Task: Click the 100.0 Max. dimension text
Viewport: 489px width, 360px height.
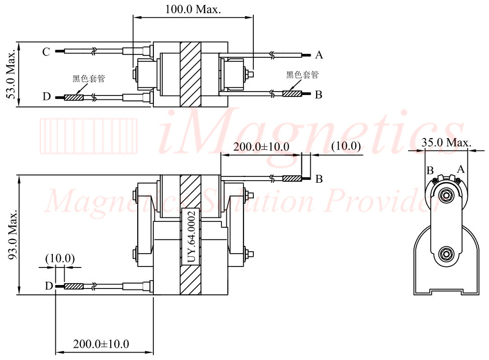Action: [193, 9]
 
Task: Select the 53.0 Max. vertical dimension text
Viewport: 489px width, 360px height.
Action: [11, 73]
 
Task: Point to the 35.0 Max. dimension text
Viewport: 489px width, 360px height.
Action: [446, 143]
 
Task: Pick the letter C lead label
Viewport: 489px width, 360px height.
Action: [46, 52]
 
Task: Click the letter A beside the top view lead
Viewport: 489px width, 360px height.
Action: [318, 55]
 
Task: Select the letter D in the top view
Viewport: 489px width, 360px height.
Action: [47, 96]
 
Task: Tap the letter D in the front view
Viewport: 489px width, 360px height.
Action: [49, 286]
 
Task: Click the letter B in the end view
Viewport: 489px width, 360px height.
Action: [430, 170]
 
